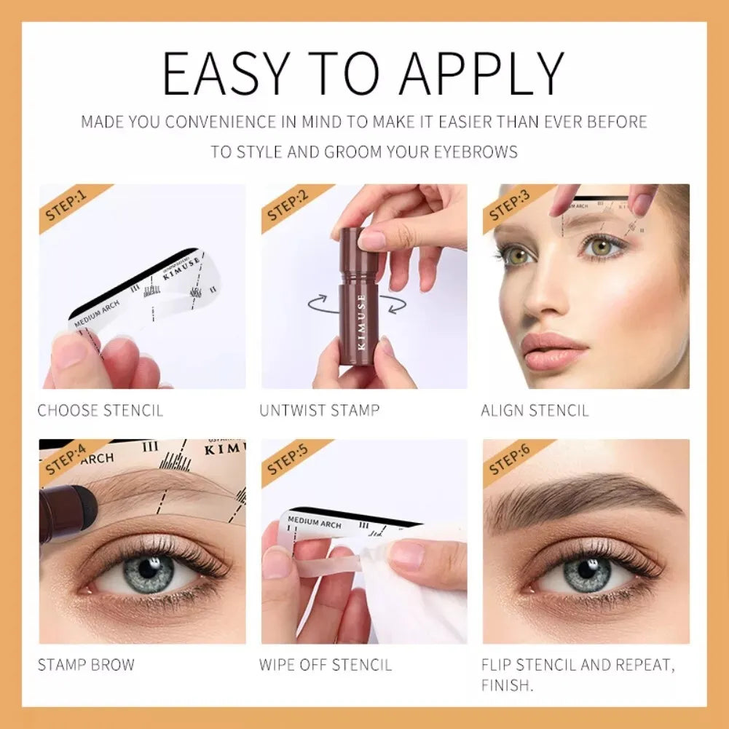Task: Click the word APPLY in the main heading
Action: point(481,74)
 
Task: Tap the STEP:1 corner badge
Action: point(67,205)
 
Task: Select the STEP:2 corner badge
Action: point(288,205)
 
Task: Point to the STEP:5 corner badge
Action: point(288,460)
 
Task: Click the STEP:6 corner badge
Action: point(510,460)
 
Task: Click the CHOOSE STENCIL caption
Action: point(101,411)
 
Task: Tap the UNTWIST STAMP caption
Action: point(320,411)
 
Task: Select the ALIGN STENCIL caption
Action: point(535,411)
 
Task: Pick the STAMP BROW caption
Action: point(86,665)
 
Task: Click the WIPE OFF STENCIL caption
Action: point(326,665)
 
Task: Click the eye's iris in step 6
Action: point(587,572)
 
